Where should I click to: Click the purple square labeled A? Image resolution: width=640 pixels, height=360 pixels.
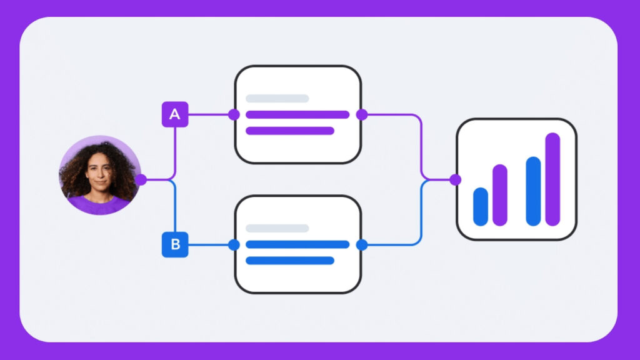pyautogui.click(x=175, y=114)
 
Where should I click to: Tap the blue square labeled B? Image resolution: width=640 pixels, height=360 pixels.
pyautogui.click(x=175, y=244)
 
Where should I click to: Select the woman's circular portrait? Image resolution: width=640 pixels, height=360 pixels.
pyautogui.click(x=100, y=175)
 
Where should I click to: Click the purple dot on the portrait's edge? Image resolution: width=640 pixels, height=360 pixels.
pyautogui.click(x=141, y=179)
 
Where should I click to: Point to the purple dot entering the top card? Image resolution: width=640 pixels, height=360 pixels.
pyautogui.click(x=234, y=115)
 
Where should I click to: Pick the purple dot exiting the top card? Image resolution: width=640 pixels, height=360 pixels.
pyautogui.click(x=362, y=115)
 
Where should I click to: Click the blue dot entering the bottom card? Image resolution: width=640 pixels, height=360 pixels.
pyautogui.click(x=234, y=245)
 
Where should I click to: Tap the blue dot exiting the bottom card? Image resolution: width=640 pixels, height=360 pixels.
pyautogui.click(x=362, y=245)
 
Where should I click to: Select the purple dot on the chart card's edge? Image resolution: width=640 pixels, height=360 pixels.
pyautogui.click(x=456, y=179)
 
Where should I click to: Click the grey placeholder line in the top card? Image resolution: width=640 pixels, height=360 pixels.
pyautogui.click(x=277, y=98)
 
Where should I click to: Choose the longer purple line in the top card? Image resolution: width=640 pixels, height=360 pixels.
pyautogui.click(x=297, y=115)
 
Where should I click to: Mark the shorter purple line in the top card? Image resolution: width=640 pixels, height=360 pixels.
pyautogui.click(x=290, y=131)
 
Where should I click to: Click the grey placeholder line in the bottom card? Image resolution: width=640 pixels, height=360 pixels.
pyautogui.click(x=277, y=228)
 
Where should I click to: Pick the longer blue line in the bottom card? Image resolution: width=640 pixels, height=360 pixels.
pyautogui.click(x=297, y=244)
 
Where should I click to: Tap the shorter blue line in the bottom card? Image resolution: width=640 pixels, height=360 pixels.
pyautogui.click(x=290, y=261)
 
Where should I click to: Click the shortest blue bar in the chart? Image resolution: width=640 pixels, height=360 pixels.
pyautogui.click(x=481, y=206)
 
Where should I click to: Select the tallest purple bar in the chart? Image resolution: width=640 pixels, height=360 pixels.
pyautogui.click(x=552, y=179)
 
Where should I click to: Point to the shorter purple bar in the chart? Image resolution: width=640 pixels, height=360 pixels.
pyautogui.click(x=500, y=195)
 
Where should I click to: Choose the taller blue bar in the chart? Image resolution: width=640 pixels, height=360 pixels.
pyautogui.click(x=534, y=191)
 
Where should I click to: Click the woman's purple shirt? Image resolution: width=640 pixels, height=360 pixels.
pyautogui.click(x=99, y=206)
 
